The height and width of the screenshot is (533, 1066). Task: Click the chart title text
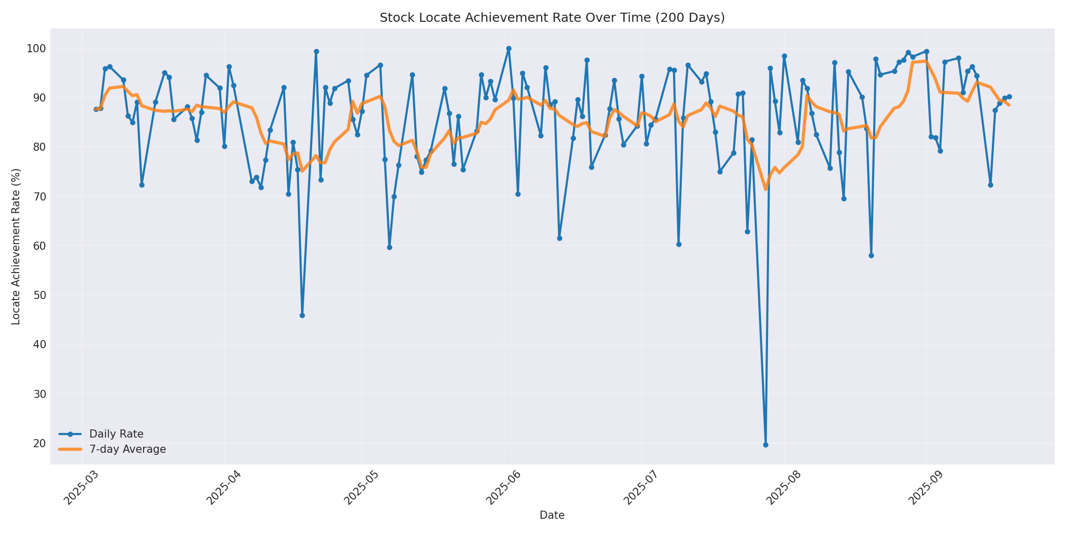click(x=552, y=18)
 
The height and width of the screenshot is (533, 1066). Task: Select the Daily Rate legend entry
click(x=116, y=434)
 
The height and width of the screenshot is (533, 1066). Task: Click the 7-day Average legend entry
click(x=127, y=449)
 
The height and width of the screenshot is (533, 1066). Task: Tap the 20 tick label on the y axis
click(x=39, y=444)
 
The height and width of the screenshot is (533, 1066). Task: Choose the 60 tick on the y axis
click(x=39, y=246)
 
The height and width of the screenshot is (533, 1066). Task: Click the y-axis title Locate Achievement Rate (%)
click(x=16, y=246)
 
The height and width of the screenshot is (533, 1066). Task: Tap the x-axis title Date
click(x=552, y=516)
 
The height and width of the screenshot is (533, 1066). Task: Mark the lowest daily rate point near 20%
click(x=765, y=445)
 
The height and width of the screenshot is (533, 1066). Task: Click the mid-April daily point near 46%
click(x=302, y=315)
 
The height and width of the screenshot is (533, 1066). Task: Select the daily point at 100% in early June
click(x=509, y=49)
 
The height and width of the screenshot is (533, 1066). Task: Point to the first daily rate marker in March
click(x=96, y=109)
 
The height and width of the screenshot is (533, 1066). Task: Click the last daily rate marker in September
click(x=1009, y=96)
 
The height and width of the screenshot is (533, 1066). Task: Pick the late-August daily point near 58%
click(x=871, y=255)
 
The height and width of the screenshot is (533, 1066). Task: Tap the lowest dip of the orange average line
click(x=765, y=189)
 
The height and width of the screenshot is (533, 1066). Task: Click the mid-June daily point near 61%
click(x=559, y=238)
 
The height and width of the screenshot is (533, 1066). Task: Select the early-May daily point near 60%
click(x=389, y=247)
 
